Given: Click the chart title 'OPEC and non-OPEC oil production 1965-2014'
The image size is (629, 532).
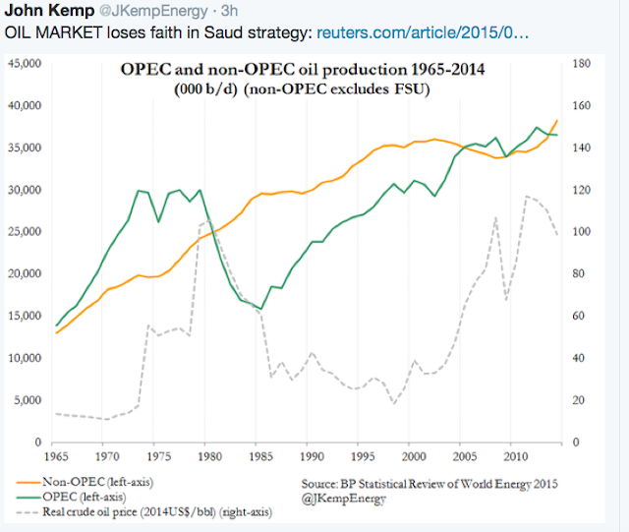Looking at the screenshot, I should [x=307, y=71].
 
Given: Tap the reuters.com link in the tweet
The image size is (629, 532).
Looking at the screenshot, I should [x=425, y=32].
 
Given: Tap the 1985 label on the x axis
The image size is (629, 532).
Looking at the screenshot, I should [x=260, y=458].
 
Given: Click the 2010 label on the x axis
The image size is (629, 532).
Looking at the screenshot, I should [x=513, y=458].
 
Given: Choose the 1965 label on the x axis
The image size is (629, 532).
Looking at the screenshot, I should [x=57, y=458].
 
